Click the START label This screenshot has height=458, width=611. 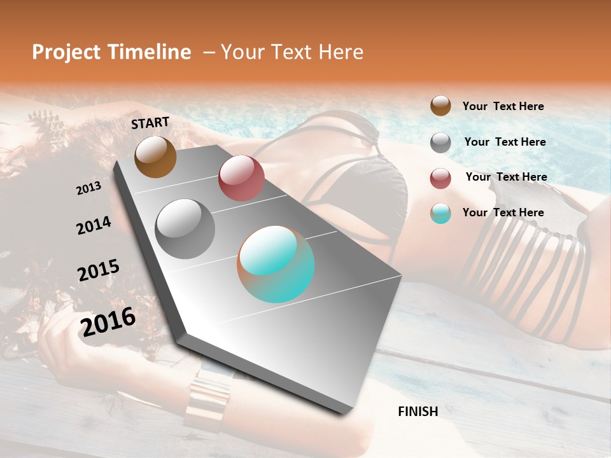click(x=150, y=123)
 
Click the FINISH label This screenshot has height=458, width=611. click(x=418, y=412)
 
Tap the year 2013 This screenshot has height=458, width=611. click(x=88, y=188)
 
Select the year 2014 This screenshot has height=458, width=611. click(x=94, y=225)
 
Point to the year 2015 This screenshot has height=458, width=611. click(x=99, y=270)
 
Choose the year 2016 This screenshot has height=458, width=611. click(x=108, y=322)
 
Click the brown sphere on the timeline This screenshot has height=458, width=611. click(x=155, y=156)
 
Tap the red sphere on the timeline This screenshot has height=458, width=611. click(x=241, y=178)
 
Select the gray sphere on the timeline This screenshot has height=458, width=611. click(x=185, y=229)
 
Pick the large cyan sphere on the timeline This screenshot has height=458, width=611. click(x=276, y=264)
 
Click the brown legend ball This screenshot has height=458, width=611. click(x=440, y=106)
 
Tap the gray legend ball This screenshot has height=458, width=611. click(x=440, y=142)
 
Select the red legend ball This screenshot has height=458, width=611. click(x=440, y=178)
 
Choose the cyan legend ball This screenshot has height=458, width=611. click(x=440, y=213)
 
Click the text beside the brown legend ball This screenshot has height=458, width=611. click(x=503, y=106)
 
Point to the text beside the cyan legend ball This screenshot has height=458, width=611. click(x=503, y=212)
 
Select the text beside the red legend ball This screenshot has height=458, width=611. click(x=506, y=177)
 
